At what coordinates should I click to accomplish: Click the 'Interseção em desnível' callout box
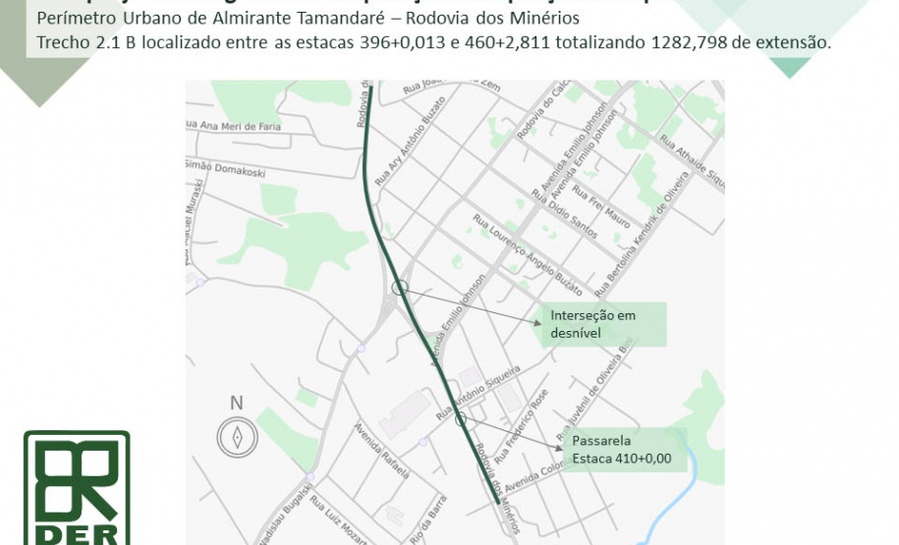tap(601, 324)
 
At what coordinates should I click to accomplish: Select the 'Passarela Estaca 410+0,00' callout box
tap(626, 449)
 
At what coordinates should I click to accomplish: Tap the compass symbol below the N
tap(237, 438)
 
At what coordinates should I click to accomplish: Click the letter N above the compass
tap(236, 403)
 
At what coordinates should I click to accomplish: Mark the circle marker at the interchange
tap(399, 287)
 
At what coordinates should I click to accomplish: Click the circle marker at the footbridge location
tap(460, 419)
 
